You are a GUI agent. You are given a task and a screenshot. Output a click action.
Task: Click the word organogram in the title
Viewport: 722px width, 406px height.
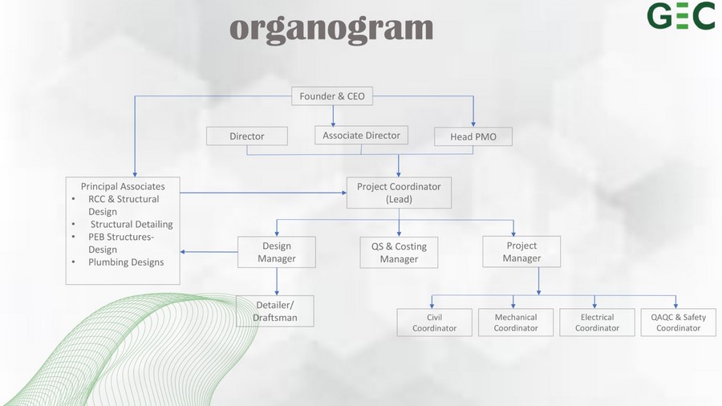331,28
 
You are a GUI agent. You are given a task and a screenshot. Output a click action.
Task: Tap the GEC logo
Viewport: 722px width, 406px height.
681,16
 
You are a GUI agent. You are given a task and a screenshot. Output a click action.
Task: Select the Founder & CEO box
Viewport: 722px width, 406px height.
332,96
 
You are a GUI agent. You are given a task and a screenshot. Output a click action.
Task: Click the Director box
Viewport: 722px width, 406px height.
247,136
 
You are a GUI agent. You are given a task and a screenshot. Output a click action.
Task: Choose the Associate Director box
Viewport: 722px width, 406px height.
361,136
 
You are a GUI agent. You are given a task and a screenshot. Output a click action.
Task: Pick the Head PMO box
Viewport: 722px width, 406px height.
473,137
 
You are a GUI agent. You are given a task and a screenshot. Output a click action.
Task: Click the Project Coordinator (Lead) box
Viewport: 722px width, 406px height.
399,193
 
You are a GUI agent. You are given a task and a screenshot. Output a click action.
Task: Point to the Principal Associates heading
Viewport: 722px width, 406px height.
123,186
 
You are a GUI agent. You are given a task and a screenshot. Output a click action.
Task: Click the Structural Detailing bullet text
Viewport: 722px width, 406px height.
132,225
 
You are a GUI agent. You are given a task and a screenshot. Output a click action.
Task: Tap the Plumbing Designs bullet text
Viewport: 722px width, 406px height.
126,262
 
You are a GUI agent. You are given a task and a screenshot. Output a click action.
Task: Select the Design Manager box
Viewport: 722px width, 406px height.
277,252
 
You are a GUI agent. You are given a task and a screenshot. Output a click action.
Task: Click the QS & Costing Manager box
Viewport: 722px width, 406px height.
399,253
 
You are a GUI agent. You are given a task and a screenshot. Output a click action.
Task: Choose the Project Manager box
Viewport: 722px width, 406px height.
521,252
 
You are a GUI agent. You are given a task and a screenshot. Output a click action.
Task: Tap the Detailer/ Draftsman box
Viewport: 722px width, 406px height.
275,311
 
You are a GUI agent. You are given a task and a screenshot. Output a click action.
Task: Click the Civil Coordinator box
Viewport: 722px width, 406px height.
434,323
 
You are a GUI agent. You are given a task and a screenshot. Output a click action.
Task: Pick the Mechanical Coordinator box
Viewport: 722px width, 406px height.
515,323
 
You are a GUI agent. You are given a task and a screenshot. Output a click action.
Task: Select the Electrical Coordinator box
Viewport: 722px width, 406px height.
597,323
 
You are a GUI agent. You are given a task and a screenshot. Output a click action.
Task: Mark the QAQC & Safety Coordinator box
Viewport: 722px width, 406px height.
678,323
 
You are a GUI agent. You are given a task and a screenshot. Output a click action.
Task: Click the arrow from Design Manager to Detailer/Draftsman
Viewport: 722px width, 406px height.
277,282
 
